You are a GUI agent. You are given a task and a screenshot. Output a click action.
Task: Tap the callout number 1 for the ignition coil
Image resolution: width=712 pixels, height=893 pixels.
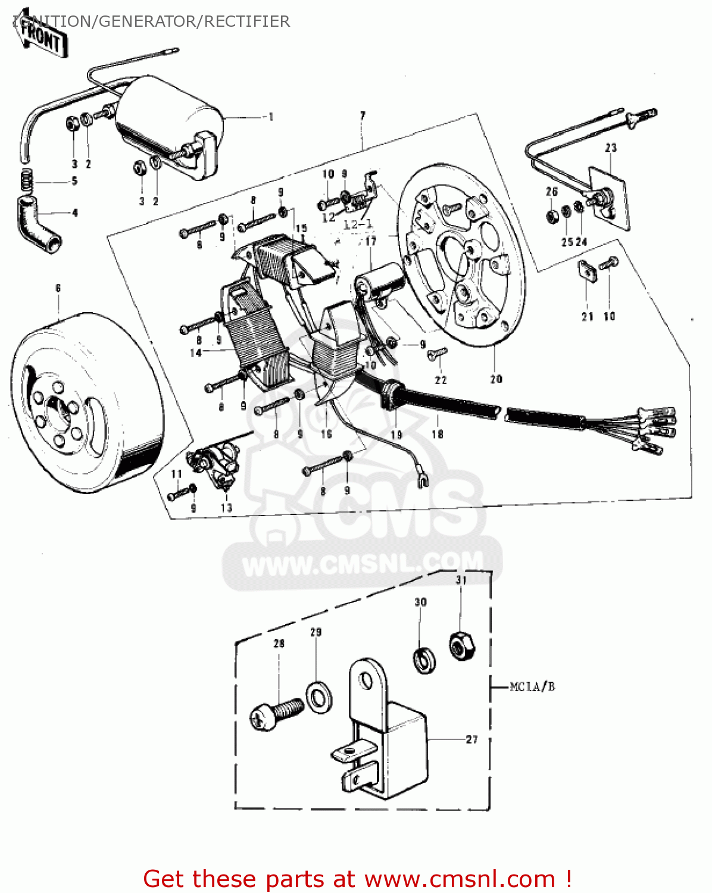[271, 117]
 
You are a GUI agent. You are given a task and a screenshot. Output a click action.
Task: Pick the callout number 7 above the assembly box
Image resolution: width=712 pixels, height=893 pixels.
[363, 115]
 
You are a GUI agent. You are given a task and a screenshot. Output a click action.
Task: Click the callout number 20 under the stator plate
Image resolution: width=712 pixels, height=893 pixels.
[496, 379]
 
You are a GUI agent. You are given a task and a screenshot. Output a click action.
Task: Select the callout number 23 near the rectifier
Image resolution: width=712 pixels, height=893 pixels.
[611, 148]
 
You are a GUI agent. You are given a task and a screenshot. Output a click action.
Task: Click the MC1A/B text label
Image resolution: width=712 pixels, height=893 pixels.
[532, 687]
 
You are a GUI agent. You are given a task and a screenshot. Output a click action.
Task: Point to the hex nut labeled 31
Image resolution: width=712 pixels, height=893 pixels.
[461, 646]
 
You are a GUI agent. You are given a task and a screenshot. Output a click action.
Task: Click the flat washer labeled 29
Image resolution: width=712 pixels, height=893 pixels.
[319, 695]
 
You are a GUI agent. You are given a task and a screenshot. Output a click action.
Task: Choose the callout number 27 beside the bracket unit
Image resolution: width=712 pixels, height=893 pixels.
[471, 739]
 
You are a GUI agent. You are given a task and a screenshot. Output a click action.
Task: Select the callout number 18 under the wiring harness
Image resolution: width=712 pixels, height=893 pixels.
[438, 434]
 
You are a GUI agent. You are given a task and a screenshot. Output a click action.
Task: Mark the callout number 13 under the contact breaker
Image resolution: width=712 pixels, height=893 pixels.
[226, 508]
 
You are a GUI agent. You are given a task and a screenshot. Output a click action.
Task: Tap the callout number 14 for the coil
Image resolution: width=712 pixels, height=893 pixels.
[195, 353]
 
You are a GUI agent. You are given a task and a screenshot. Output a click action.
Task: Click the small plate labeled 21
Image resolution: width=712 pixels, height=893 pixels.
[588, 271]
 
